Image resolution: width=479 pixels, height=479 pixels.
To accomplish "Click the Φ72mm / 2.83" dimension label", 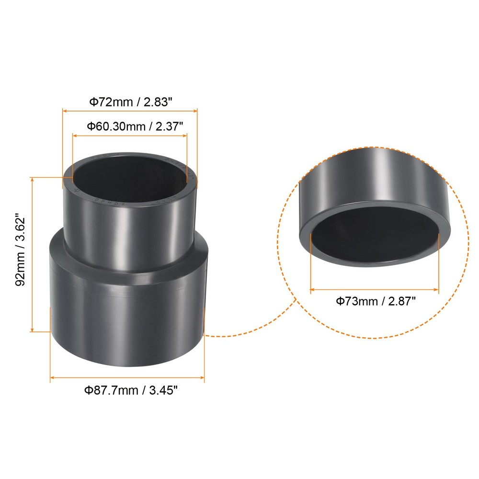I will (129, 102).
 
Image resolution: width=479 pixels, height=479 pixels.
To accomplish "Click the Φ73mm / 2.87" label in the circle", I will (375, 301).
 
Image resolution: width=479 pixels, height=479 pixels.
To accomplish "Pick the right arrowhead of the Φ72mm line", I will (195, 111).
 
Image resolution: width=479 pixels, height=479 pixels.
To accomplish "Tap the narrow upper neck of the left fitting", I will (129, 230).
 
